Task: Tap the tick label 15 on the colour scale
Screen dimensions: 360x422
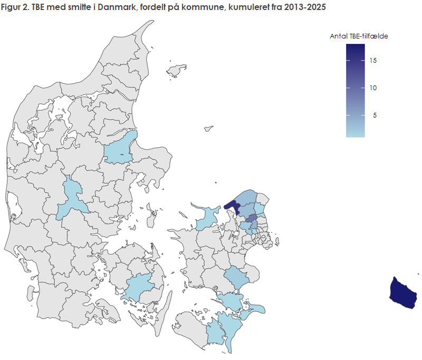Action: pyautogui.click(x=373, y=61)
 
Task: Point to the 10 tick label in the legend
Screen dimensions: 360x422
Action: pyautogui.click(x=373, y=88)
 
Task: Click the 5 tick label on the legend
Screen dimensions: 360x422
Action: pyautogui.click(x=375, y=115)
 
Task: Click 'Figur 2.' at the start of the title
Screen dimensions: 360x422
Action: pyautogui.click(x=14, y=8)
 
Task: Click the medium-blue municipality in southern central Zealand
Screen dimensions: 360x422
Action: pyautogui.click(x=234, y=277)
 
